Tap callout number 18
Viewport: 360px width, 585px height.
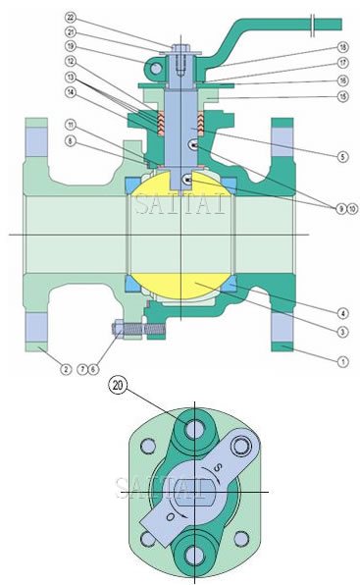point(341,47)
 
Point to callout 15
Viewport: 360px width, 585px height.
point(341,95)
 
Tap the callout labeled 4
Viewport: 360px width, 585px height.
point(341,314)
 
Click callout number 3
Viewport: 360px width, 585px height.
point(341,333)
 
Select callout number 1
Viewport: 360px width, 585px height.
point(341,360)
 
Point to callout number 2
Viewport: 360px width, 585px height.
point(66,369)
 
